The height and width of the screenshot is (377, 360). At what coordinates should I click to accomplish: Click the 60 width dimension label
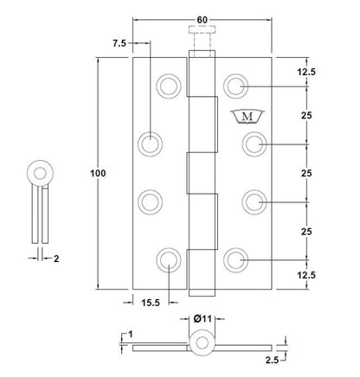(202, 20)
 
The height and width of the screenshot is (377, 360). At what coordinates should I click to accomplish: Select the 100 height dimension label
(98, 173)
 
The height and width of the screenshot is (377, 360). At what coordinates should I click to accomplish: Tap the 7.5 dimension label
(119, 43)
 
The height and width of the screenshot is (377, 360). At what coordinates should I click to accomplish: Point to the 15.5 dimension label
(151, 303)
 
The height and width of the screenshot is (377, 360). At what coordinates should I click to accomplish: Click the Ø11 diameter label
(202, 319)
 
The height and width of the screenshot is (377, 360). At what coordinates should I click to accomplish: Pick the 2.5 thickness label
(272, 360)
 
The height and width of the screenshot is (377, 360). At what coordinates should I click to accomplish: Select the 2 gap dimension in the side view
(56, 259)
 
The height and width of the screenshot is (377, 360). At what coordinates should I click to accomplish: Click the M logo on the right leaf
(247, 117)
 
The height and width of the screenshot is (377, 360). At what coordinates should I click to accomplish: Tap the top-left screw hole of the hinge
(169, 86)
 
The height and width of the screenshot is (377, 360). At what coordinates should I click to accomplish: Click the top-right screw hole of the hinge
(235, 86)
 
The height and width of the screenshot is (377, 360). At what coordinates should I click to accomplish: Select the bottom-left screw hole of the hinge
(169, 260)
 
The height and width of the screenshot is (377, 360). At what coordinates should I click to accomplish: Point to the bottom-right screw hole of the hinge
(235, 260)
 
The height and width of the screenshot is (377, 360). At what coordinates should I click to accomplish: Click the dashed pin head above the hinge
(202, 29)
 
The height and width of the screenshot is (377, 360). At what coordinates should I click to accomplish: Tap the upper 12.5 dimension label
(306, 72)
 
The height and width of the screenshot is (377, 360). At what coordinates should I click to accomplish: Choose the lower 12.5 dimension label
(306, 275)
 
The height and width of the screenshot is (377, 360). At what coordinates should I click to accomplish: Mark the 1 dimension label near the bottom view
(131, 335)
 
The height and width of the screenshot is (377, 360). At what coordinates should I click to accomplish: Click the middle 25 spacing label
(306, 173)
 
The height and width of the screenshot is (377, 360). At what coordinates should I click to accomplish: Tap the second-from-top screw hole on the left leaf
(150, 144)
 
